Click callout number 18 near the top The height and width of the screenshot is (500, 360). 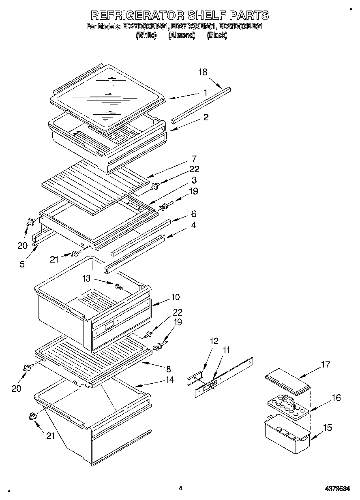[202, 72]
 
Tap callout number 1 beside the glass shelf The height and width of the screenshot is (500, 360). [206, 92]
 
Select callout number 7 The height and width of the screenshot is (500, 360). [194, 158]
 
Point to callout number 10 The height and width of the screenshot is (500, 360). [175, 297]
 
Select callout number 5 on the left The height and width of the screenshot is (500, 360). [22, 264]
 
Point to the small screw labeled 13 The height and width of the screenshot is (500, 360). [119, 286]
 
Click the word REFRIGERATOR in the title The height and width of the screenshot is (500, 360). [137, 15]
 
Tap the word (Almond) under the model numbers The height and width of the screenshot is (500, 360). [182, 35]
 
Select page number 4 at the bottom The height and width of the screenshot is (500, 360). [180, 488]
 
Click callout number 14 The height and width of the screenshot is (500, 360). [169, 380]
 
